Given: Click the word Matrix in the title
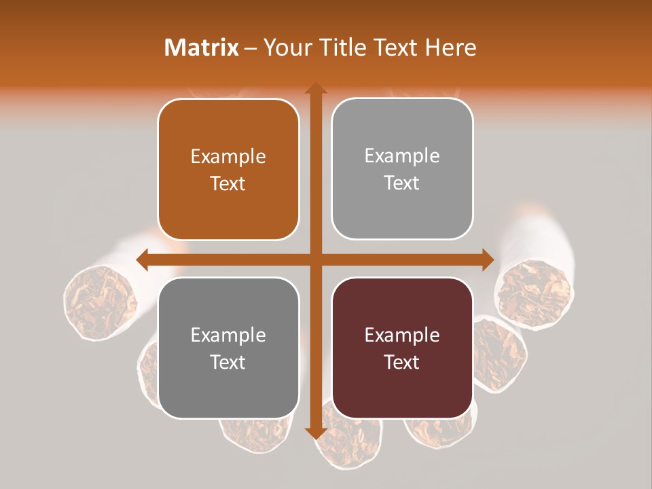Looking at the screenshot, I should tap(202, 48).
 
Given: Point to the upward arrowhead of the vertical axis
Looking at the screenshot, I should tap(315, 89).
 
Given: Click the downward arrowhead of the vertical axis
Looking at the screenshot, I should tap(315, 433).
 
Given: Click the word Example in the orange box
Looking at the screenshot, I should tap(228, 157).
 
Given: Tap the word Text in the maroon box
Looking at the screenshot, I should tap(402, 363).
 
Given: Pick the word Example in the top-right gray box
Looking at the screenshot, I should tap(402, 156).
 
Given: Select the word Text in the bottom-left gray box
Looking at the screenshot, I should tap(228, 363).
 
